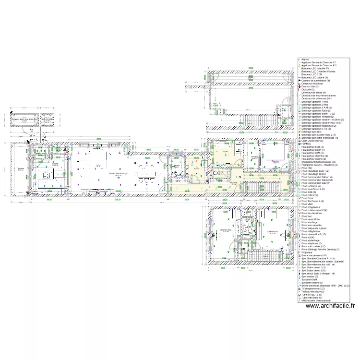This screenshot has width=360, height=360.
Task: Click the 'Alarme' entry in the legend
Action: click(305, 60)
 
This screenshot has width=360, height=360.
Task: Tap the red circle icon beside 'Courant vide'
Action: click(299, 86)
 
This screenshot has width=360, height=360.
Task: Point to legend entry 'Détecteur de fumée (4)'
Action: click(313, 93)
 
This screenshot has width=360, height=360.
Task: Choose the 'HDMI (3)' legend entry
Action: click(306, 144)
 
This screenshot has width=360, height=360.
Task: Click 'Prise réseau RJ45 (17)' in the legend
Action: click(314, 235)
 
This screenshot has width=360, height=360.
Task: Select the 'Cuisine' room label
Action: click(56, 164)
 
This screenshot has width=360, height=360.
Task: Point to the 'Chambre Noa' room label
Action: click(226, 230)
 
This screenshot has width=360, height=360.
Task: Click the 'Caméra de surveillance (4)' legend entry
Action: click(315, 81)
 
